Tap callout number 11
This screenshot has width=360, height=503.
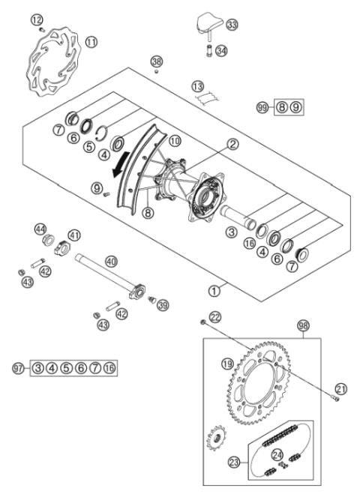[91, 43]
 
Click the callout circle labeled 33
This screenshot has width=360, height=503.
[232, 25]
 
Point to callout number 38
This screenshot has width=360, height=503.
[156, 61]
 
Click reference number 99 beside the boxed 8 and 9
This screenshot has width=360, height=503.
[261, 108]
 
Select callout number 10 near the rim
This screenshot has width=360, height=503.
[175, 140]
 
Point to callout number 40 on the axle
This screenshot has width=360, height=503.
[111, 262]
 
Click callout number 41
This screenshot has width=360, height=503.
[74, 235]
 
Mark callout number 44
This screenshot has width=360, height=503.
[38, 228]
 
